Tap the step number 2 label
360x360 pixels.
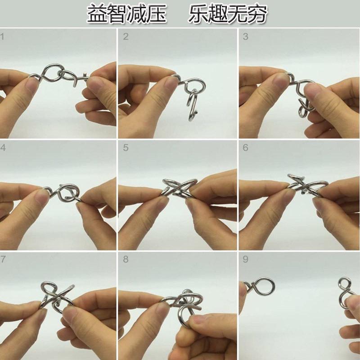[126, 36]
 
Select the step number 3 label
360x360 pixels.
[246, 36]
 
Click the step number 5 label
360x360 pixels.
[126, 148]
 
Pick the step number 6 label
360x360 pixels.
[246, 148]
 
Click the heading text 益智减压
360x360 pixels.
[127, 14]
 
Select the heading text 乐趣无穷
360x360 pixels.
[229, 14]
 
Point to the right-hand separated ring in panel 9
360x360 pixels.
[346, 292]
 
